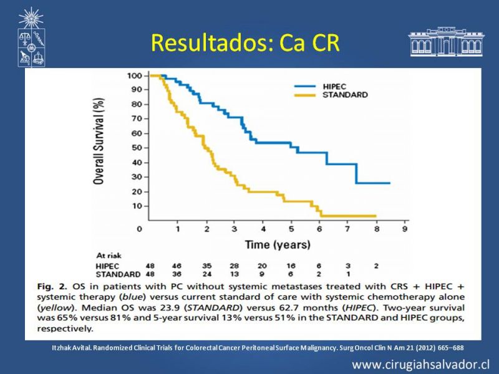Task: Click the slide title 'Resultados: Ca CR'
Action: [245, 43]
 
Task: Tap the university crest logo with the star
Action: [31, 37]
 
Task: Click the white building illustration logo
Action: [446, 42]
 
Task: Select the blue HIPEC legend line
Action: [305, 86]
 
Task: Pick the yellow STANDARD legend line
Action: [305, 95]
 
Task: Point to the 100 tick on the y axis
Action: [134, 75]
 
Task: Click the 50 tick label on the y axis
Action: [137, 148]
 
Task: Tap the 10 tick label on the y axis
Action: [137, 206]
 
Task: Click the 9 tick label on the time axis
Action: [405, 229]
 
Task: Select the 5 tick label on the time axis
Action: [291, 229]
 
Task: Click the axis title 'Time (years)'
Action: [278, 244]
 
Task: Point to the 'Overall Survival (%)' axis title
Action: [99, 141]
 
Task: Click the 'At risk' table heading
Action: [109, 256]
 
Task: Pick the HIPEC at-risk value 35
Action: [206, 266]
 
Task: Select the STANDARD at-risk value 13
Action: [235, 274]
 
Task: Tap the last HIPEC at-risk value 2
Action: [376, 266]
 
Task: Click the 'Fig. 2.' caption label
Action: [52, 287]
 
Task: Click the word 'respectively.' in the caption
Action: [65, 328]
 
